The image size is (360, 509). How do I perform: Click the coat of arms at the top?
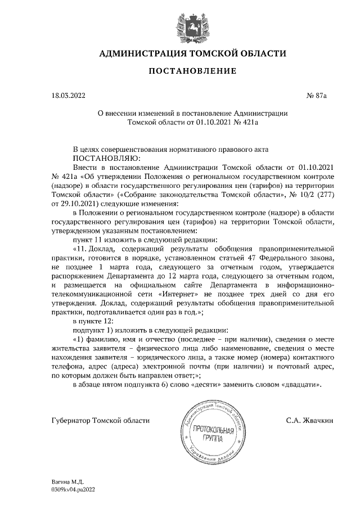[x=181, y=23]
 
